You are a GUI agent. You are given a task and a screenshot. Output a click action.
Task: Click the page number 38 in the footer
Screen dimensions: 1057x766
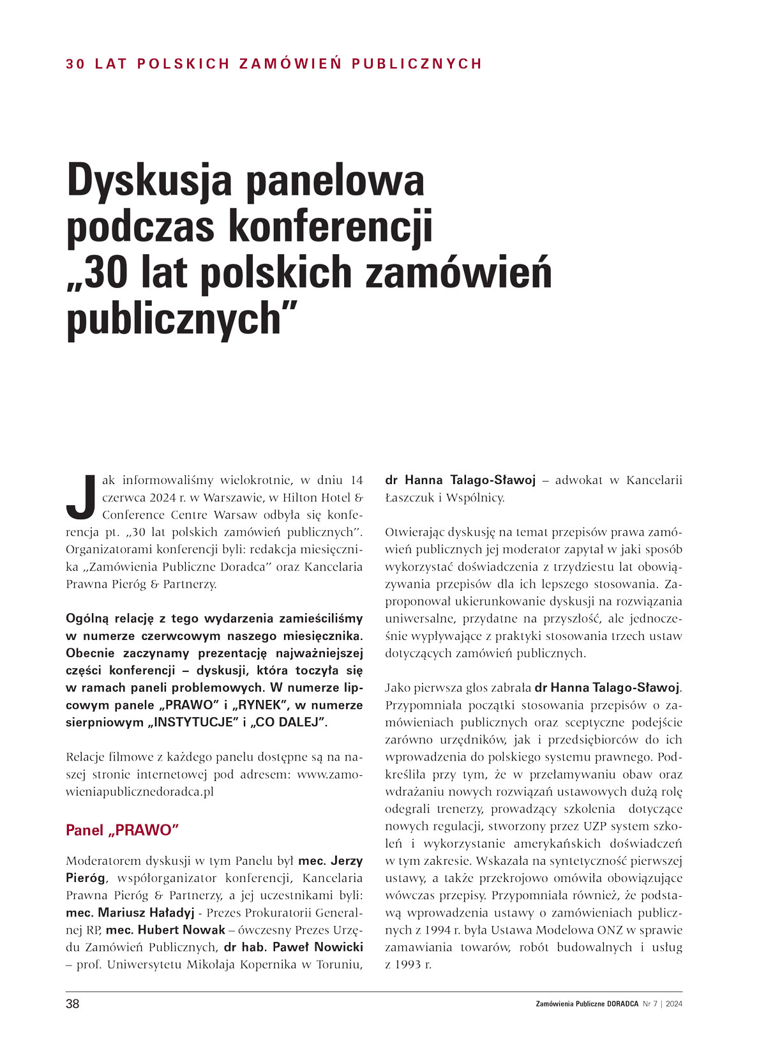[x=73, y=1004]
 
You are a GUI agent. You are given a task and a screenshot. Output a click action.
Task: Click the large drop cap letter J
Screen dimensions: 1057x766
[x=81, y=496]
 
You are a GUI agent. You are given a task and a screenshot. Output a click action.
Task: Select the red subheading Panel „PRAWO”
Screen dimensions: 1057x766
[x=122, y=830]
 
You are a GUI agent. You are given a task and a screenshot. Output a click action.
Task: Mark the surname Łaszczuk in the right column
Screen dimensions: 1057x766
[x=410, y=498]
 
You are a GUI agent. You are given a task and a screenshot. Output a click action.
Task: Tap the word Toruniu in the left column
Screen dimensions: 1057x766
[x=339, y=964]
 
